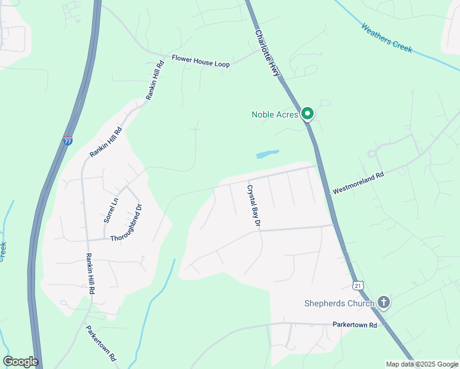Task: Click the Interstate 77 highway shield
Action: (x=68, y=140)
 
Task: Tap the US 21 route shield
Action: (x=359, y=285)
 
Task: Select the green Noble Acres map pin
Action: (x=308, y=114)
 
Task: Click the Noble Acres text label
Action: (x=275, y=114)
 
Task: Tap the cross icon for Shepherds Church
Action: (x=384, y=303)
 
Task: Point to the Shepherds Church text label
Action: (x=339, y=303)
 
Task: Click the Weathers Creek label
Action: (x=387, y=38)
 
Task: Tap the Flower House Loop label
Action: (x=200, y=61)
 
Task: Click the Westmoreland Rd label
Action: (x=358, y=183)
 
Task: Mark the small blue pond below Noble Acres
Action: (x=266, y=154)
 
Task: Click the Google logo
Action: (x=20, y=362)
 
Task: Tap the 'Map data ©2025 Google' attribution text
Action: (x=421, y=364)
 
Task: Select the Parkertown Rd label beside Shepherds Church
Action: (x=354, y=324)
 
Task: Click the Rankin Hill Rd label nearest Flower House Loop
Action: (x=154, y=80)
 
